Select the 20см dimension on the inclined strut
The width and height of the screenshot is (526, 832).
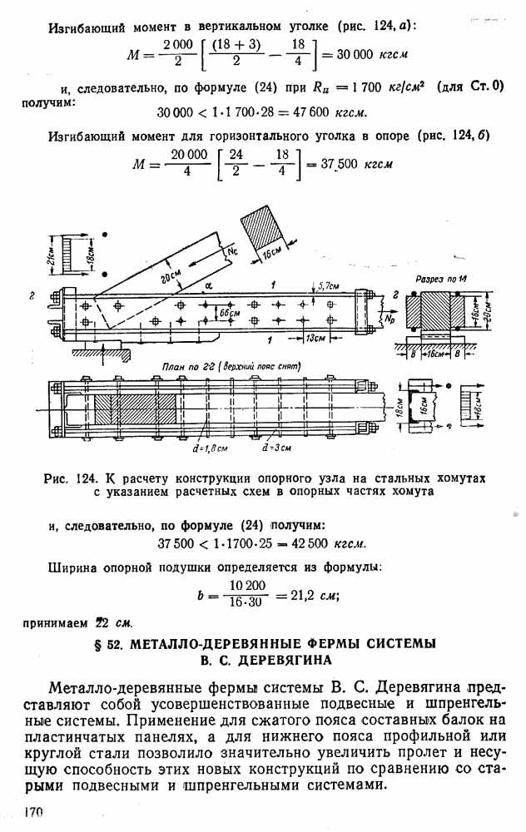171,276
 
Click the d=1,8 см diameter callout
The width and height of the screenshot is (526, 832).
211,448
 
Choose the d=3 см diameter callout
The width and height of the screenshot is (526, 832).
276,448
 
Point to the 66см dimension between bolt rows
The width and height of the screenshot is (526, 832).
230,313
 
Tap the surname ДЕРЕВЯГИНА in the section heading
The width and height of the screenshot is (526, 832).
285,660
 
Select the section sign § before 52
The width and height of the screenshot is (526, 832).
97,644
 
